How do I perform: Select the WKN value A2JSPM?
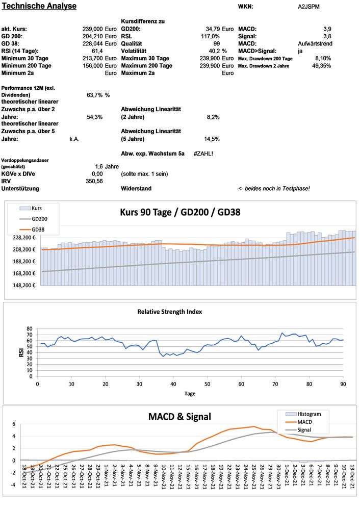click(x=309, y=7)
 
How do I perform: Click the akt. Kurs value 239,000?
click(x=93, y=29)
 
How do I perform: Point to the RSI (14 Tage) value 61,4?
click(x=97, y=51)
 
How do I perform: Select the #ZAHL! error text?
click(x=203, y=153)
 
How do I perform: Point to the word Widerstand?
click(x=136, y=189)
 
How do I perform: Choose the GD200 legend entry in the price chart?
click(x=39, y=219)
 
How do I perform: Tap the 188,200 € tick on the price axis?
click(x=23, y=261)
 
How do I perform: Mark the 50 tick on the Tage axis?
click(x=207, y=384)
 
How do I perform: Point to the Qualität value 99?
click(x=216, y=44)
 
